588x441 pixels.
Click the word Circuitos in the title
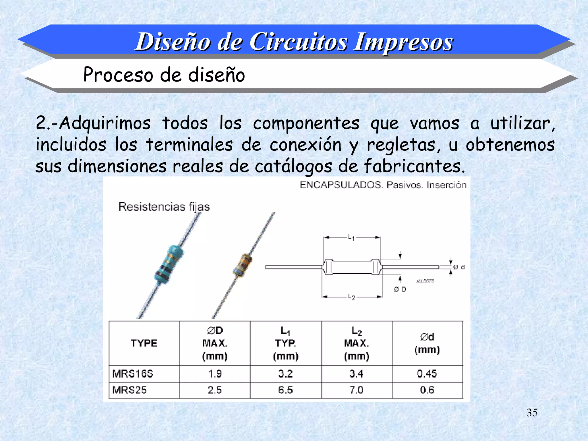click(x=299, y=42)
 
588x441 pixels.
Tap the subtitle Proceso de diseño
click(x=164, y=75)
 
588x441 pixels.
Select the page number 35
click(x=532, y=413)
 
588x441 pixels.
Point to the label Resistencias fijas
click(x=164, y=207)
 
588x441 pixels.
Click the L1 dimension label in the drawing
click(x=351, y=237)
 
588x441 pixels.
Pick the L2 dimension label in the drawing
click(x=351, y=297)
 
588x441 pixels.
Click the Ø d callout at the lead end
click(x=459, y=267)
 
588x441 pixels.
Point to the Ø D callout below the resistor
click(x=400, y=289)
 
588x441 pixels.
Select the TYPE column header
click(x=144, y=343)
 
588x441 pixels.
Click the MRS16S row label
click(x=133, y=374)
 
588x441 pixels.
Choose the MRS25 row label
click(x=129, y=390)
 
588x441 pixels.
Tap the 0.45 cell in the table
click(x=427, y=374)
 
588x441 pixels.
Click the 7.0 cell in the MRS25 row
click(x=356, y=390)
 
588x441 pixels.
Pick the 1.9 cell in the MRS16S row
click(x=215, y=374)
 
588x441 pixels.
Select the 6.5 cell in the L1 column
click(x=285, y=390)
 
